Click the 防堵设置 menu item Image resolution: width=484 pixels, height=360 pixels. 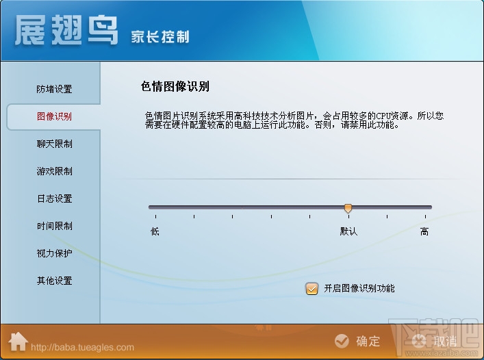click(54, 89)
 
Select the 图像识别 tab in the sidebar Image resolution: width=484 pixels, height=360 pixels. click(54, 116)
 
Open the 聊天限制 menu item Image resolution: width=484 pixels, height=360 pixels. click(54, 144)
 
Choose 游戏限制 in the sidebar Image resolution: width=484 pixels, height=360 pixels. click(54, 171)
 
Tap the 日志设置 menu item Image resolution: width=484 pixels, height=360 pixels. click(54, 198)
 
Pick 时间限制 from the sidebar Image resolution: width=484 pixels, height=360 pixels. click(54, 226)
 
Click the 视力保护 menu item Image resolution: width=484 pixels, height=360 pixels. click(54, 253)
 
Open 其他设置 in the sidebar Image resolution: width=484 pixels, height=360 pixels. click(54, 281)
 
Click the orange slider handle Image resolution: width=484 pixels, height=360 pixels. click(348, 207)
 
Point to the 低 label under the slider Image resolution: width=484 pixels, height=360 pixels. click(155, 231)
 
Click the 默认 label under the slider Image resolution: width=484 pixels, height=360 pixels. click(348, 231)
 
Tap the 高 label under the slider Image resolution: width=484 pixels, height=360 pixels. click(424, 231)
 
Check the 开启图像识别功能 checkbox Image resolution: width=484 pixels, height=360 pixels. click(312, 289)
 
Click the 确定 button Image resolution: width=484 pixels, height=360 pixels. click(358, 341)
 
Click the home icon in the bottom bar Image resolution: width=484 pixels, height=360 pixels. click(18, 340)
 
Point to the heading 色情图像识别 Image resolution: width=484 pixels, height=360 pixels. click(175, 86)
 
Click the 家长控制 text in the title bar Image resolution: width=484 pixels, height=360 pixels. click(160, 36)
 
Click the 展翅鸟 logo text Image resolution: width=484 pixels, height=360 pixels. click(66, 31)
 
